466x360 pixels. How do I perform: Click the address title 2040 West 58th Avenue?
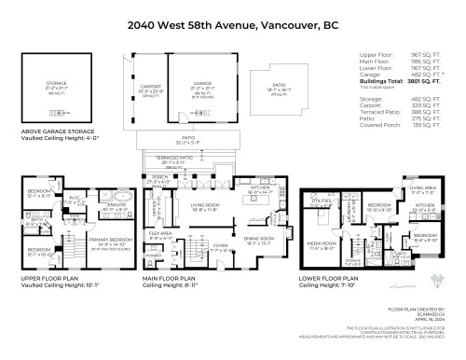coord(233,13)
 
